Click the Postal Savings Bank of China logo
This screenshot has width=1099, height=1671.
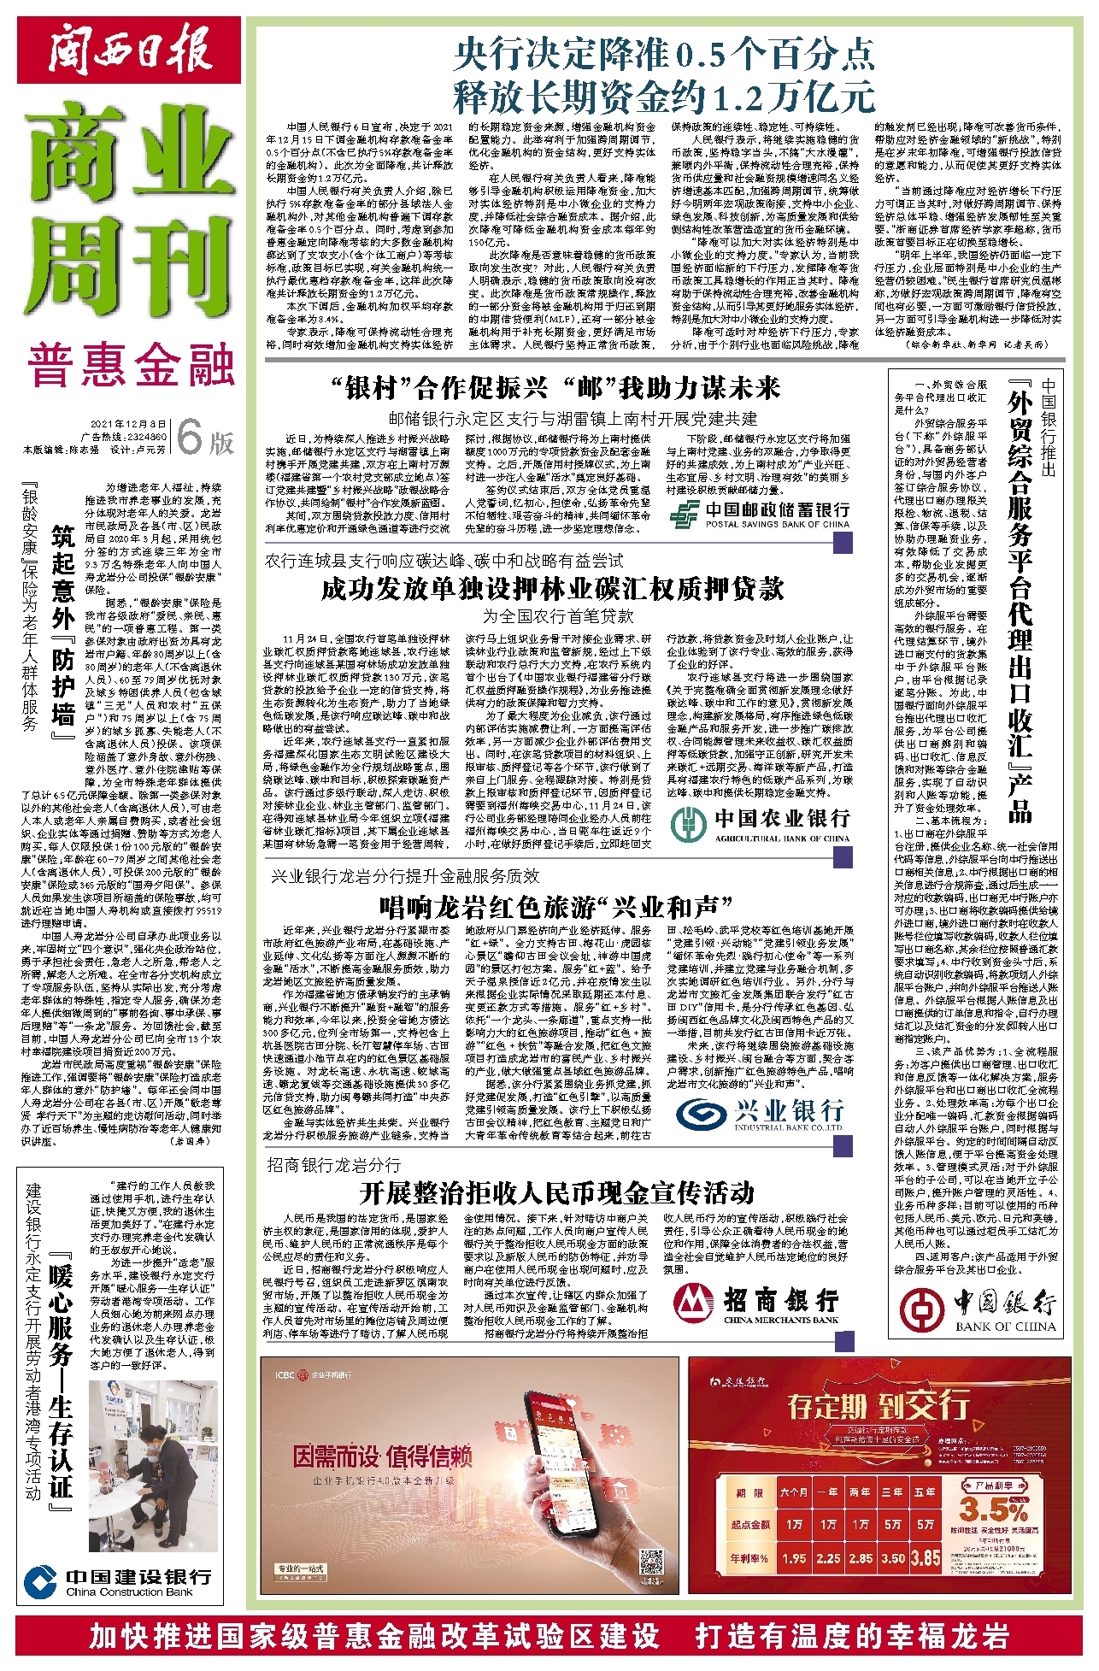(759, 514)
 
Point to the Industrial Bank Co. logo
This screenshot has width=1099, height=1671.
(759, 1114)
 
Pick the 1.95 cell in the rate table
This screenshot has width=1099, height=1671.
(794, 1558)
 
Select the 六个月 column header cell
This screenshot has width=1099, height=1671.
(794, 1492)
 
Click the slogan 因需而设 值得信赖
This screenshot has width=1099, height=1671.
(382, 1456)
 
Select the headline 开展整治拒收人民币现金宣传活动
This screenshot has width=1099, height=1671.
(556, 1191)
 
